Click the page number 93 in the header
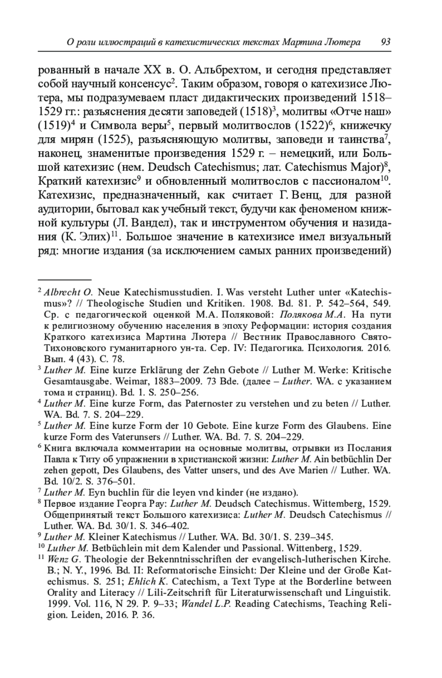pos(386,42)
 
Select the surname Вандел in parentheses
pos(152,223)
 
